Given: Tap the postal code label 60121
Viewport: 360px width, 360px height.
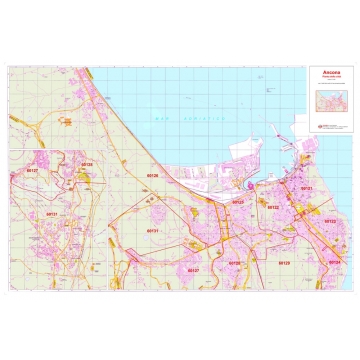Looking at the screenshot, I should coord(307,188).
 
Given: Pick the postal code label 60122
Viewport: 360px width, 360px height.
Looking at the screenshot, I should coord(272,207).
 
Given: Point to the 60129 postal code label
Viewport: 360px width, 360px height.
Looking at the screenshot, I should coord(284,263).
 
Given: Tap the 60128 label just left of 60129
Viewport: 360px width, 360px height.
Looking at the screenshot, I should coord(233,263).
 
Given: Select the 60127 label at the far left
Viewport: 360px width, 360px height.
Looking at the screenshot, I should coord(32,171).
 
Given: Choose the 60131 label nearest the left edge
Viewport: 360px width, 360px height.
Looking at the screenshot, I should coord(52,214).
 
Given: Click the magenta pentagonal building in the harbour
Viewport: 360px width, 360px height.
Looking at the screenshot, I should coord(243,184).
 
